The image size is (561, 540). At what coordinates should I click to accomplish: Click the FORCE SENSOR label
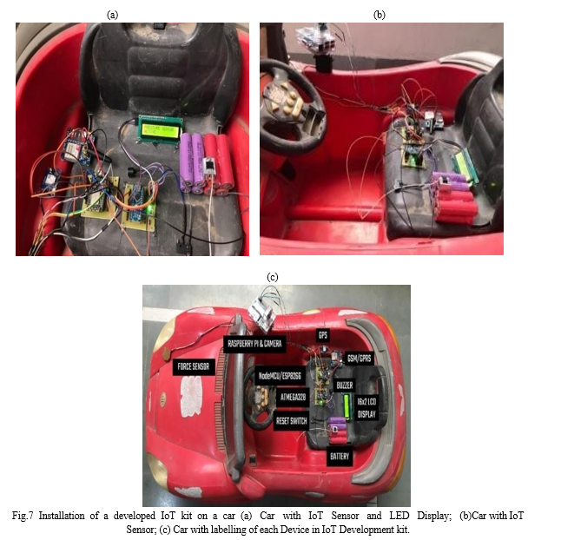194,366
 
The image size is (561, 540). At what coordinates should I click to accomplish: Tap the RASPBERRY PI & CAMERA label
254,344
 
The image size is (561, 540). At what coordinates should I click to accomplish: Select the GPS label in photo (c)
323,335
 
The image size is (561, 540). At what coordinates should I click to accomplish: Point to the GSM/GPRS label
360,358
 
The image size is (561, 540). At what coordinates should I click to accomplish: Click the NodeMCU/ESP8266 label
280,376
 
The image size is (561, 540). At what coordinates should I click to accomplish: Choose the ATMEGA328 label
293,397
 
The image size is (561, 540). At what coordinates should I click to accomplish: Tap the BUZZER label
345,385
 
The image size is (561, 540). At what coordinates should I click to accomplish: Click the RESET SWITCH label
292,421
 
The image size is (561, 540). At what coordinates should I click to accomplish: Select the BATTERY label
340,457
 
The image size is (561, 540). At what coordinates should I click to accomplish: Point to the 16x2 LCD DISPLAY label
366,408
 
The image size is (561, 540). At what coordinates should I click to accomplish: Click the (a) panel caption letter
112,15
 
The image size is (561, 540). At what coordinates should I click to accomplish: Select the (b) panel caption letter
379,15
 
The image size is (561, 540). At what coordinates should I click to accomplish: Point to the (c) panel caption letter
273,277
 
